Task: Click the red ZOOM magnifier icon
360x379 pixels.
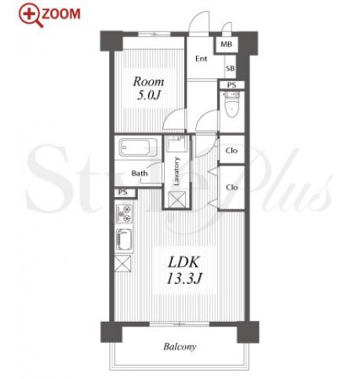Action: point(31,15)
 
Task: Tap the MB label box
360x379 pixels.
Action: point(226,44)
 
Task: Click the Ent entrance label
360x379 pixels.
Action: point(202,59)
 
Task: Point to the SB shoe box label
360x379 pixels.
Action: point(230,68)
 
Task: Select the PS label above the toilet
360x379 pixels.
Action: point(231,85)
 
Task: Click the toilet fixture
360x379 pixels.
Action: point(232,104)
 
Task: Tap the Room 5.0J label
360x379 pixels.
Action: point(148,89)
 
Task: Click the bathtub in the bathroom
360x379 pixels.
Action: point(138,148)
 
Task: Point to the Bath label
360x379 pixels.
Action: point(140,173)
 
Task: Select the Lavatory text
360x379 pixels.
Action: point(176,171)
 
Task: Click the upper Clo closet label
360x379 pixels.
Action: point(231,151)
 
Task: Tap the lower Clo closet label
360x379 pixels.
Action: point(232,188)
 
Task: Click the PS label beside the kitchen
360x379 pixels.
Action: point(122,192)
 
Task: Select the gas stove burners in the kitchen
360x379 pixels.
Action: point(124,213)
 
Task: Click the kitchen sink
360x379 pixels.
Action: point(124,240)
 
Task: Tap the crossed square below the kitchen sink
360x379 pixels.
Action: point(122,264)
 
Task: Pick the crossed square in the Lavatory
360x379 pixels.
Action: point(176,200)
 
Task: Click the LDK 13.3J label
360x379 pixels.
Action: point(184,270)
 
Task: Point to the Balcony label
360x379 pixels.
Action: point(180,347)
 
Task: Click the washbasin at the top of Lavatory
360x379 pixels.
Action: point(176,144)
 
